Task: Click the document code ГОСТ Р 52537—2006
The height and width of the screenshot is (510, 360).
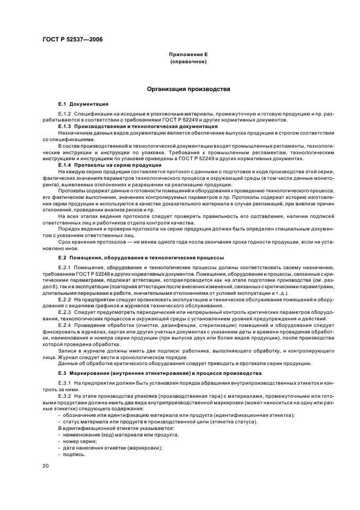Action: pyautogui.click(x=72, y=39)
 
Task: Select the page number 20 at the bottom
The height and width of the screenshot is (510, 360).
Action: pyautogui.click(x=46, y=466)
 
